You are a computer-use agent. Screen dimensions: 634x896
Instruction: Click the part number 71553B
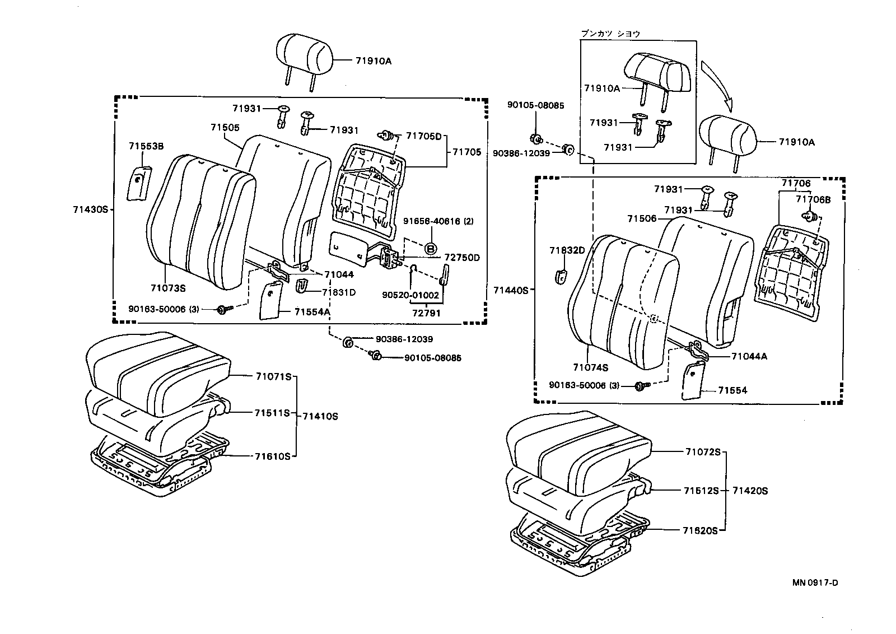(146, 146)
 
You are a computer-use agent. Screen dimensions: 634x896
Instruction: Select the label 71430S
(90, 209)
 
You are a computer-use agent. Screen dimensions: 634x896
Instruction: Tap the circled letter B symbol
(431, 248)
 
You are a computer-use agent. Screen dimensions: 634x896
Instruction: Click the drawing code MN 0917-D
(815, 582)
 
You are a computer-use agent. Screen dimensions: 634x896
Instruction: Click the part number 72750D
(462, 258)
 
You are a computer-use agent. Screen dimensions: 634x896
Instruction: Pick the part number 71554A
(312, 312)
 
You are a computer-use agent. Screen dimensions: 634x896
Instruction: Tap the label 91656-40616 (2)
(438, 221)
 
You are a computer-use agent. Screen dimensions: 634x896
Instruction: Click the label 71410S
(320, 416)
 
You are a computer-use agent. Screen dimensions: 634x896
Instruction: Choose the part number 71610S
(272, 456)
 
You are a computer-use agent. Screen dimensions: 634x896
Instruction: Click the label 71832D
(567, 250)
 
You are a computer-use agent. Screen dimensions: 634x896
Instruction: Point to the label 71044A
(749, 356)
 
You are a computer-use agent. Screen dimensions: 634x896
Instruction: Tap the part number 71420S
(750, 491)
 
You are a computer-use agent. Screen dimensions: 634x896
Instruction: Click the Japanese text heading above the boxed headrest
(610, 34)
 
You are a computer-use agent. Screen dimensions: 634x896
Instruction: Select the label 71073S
(168, 288)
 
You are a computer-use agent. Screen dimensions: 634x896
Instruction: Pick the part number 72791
(427, 313)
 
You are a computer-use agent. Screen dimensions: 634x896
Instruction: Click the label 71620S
(699, 530)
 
